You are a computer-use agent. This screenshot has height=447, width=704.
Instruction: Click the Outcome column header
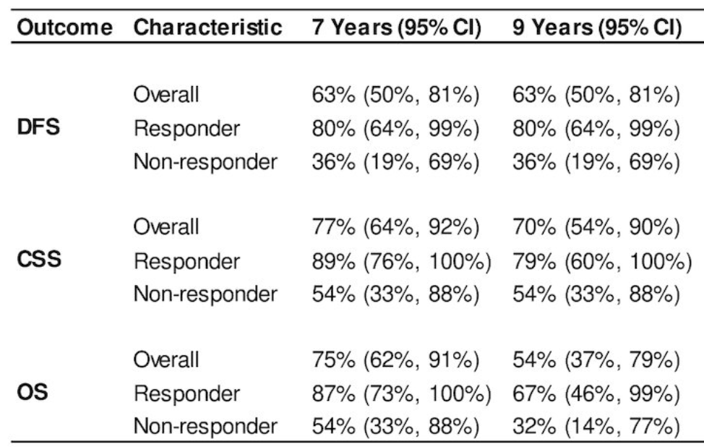64,27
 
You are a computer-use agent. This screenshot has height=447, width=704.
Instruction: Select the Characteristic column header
208,27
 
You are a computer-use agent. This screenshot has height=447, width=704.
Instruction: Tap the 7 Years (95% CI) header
396,28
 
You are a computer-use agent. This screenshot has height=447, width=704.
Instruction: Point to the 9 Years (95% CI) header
597,28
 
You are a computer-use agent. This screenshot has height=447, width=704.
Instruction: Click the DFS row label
38,127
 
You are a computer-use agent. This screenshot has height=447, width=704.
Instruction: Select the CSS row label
39,260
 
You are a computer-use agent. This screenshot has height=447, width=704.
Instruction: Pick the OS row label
33,392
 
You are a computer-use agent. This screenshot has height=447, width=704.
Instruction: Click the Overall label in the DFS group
166,95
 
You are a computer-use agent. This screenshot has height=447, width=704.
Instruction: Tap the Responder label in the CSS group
186,261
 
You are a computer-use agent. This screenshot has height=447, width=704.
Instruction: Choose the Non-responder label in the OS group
205,426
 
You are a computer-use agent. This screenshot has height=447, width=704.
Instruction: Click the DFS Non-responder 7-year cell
395,162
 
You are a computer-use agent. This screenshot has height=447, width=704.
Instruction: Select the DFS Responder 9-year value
596,129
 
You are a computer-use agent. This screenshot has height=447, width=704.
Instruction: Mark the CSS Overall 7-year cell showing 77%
395,227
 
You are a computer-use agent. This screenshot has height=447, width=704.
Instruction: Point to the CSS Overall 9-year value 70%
596,227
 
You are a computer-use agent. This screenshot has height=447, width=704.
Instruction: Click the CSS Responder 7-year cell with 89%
402,261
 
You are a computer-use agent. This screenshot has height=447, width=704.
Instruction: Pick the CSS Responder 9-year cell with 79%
603,261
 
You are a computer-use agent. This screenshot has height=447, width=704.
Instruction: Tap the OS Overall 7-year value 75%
395,360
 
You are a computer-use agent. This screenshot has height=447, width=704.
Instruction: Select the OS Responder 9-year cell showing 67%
596,393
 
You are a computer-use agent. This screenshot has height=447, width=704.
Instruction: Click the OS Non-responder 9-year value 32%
596,426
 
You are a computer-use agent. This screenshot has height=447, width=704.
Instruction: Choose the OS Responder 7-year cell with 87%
402,393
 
